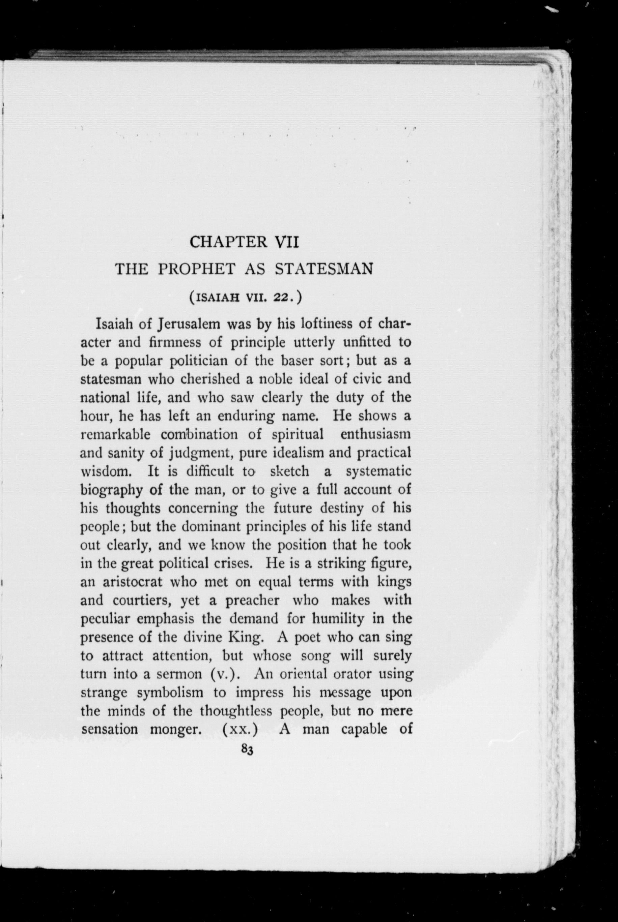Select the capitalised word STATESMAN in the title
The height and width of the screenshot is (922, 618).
click(324, 269)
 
